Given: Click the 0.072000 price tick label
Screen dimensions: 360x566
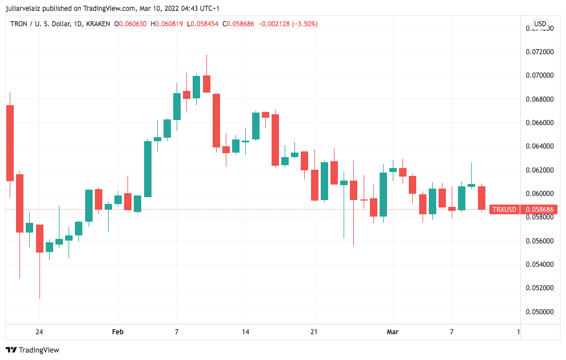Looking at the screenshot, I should (x=539, y=51).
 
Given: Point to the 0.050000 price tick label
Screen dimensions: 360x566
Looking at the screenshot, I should (x=539, y=312).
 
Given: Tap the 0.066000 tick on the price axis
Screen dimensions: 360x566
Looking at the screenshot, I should (x=539, y=122).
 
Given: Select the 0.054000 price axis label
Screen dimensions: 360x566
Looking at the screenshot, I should (x=539, y=265).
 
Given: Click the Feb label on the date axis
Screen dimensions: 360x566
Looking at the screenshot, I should (x=118, y=332).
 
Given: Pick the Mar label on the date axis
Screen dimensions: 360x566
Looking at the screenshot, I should (x=393, y=332).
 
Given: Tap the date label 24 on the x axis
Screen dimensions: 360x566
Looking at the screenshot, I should (x=39, y=332).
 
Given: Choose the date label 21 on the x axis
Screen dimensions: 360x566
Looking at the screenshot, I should (x=314, y=332).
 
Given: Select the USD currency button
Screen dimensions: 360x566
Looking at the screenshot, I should (x=540, y=24).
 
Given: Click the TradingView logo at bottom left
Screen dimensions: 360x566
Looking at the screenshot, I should (x=33, y=350).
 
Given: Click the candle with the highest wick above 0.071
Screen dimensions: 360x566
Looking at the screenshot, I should (x=206, y=83).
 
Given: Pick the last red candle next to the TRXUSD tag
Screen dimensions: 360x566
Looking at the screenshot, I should (x=482, y=198).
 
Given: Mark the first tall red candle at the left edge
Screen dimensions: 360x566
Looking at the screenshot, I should (x=10, y=143).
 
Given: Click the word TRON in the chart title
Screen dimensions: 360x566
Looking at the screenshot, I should (x=19, y=24).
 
